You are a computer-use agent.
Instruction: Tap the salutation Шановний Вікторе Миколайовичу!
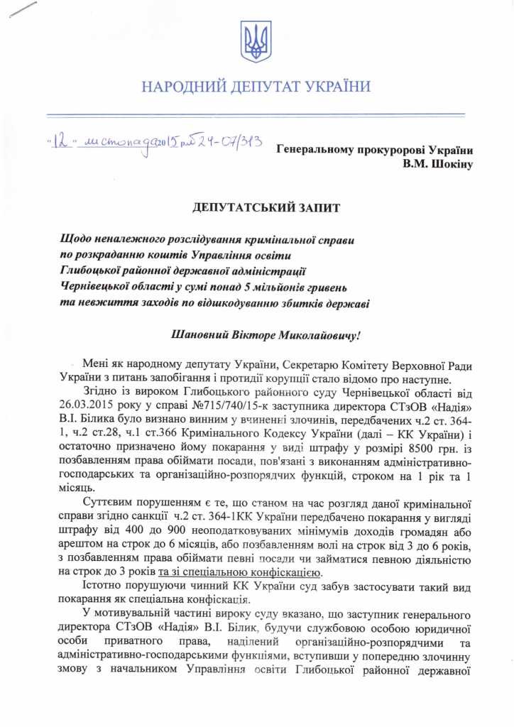click(x=256, y=333)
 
